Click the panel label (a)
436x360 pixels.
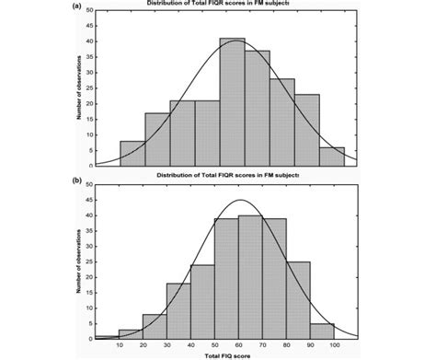point(78,4)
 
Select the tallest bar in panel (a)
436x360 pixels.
point(232,101)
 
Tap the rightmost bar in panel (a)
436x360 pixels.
point(331,156)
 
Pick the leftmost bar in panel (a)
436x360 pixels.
point(132,153)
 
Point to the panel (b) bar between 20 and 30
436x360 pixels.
point(155,325)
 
